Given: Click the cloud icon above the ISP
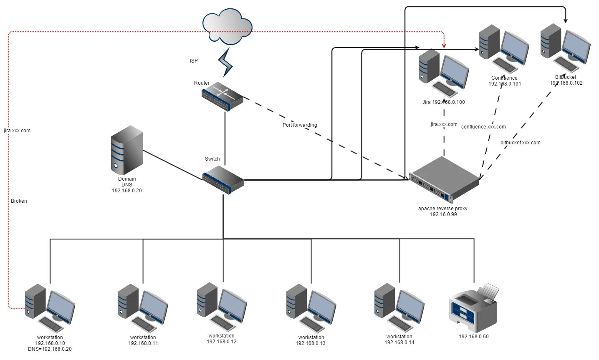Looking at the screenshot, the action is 227,26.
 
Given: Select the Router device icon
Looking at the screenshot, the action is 222,96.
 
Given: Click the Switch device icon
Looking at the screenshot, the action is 223,180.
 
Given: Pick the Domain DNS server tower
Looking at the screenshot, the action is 127,150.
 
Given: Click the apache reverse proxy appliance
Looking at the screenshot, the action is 444,180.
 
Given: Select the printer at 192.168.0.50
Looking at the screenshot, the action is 474,307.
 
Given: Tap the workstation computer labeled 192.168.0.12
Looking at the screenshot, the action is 222,307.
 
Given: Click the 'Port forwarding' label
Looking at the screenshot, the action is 300,125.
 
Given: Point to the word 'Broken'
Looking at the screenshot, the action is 19,201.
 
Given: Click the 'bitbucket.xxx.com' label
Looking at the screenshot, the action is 521,142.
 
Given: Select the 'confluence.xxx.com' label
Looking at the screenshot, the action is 483,127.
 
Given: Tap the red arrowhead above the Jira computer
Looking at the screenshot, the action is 444,46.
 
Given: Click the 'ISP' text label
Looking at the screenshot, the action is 194,60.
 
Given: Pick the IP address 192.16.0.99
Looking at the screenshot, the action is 443,214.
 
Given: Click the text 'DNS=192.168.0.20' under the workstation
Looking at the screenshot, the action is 50,349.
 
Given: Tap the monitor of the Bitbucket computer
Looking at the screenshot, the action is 576,47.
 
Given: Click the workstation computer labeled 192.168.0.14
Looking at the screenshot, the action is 399,307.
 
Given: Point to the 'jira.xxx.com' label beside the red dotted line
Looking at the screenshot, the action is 17,131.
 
